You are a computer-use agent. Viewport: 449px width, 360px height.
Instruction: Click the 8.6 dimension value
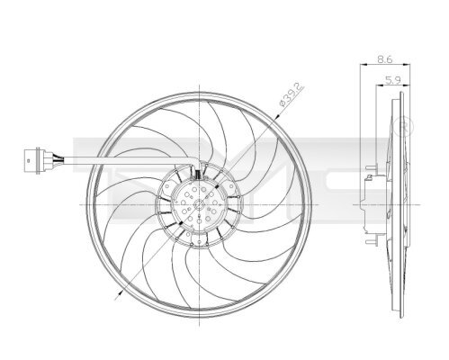(385, 58)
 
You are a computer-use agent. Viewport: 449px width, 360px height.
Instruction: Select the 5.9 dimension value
(392, 80)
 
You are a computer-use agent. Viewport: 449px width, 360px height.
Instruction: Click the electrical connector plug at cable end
(31, 162)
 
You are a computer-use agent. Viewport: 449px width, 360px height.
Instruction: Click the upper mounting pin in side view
(368, 167)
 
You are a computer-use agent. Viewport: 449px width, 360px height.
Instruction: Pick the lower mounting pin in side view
(368, 243)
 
